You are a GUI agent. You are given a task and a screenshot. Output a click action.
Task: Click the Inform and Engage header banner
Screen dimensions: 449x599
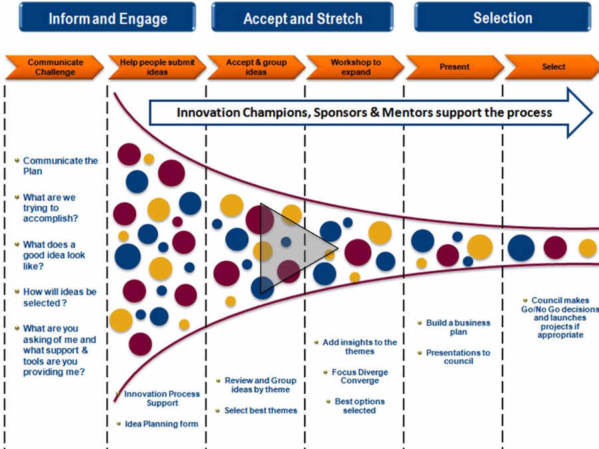[x=107, y=17]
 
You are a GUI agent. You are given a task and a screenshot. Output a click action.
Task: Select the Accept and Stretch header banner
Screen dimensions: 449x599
[x=302, y=17]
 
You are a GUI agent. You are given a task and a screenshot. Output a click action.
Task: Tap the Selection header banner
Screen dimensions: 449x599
[x=502, y=17]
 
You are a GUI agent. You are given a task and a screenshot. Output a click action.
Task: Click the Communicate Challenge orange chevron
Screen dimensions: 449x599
[x=55, y=67]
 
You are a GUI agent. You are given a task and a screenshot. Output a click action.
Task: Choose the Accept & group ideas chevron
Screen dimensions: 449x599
[x=256, y=67]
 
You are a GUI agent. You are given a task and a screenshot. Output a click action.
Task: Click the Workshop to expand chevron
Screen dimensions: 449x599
[x=355, y=67]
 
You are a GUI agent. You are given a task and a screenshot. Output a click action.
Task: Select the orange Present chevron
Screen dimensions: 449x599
[x=454, y=67]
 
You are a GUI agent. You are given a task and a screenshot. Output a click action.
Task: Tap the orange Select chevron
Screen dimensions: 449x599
[x=552, y=67]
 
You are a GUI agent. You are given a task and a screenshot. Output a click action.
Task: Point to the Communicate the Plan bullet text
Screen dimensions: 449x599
[x=60, y=166]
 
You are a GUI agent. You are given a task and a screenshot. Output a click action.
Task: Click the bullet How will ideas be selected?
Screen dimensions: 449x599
[x=59, y=297]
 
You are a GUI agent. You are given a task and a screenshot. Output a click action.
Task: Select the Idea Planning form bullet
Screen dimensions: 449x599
[x=161, y=424]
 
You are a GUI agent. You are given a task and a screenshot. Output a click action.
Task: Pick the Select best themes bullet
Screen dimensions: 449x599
[x=260, y=410]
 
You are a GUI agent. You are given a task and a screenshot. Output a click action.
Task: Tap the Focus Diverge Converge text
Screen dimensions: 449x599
[x=359, y=376]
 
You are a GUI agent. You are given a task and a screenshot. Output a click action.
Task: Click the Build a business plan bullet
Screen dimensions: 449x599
[x=458, y=327]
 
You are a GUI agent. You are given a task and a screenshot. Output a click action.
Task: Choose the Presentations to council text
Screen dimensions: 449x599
[x=458, y=357]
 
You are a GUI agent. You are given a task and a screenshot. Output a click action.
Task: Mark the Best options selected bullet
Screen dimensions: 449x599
[x=359, y=406]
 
